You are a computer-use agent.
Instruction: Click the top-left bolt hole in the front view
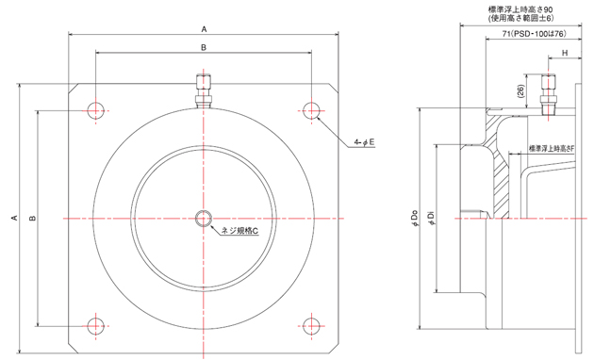[x=95, y=109]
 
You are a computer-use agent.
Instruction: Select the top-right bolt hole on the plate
[x=311, y=109]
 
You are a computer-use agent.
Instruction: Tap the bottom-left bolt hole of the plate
[x=95, y=326]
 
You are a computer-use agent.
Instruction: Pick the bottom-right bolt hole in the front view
[x=311, y=326]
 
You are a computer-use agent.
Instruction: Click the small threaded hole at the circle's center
[x=203, y=219]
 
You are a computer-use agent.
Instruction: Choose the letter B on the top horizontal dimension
[x=203, y=46]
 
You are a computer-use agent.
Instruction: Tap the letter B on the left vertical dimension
[x=32, y=218]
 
